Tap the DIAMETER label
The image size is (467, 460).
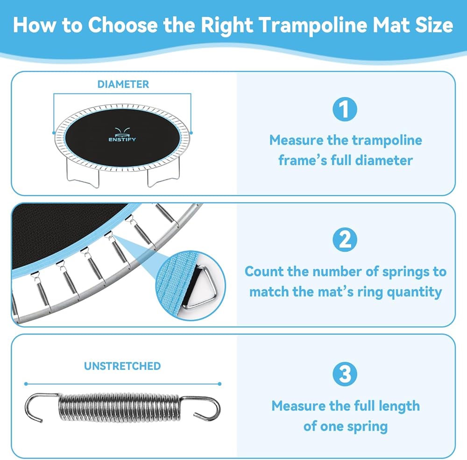123,85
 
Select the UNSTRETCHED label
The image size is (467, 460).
122,366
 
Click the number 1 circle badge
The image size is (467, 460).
345,109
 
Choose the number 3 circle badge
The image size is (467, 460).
345,374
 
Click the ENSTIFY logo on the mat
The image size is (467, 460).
122,134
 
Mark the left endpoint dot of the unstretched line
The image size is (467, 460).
26,384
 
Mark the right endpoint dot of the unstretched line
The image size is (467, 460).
219,384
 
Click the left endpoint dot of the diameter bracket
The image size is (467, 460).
54,133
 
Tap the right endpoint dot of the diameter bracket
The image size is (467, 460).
191,133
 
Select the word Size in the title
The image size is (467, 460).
434,25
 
